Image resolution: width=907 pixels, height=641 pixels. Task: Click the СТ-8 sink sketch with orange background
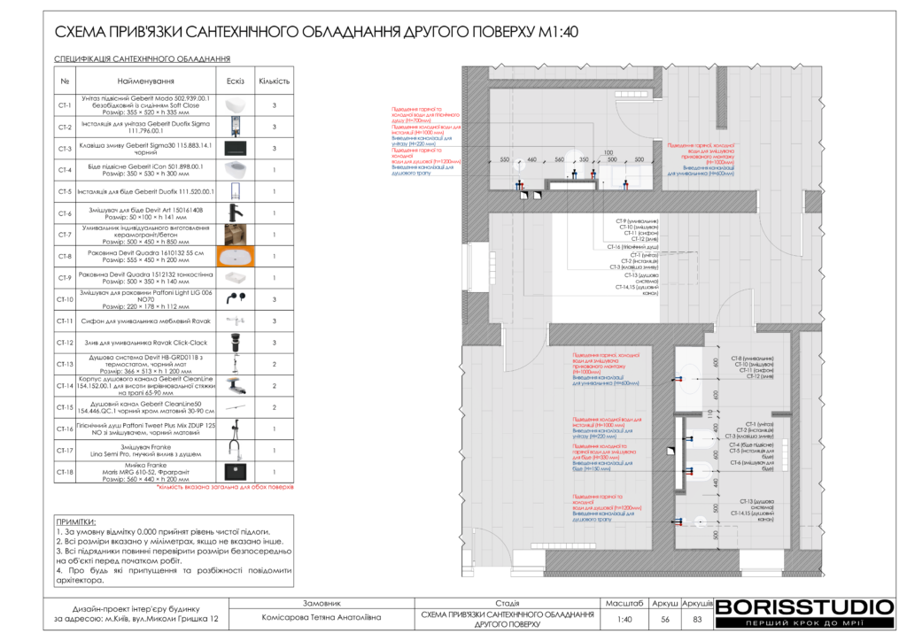235,257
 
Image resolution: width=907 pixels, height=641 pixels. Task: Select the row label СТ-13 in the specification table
64,364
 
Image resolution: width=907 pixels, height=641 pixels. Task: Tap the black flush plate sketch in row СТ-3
235,149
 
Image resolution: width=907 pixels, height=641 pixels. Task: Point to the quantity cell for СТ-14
274,386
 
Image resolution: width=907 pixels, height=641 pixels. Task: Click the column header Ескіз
235,81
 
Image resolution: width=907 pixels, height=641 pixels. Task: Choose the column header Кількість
274,81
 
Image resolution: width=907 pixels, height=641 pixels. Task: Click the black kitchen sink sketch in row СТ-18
235,471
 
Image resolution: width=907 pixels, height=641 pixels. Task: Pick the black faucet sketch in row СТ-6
235,213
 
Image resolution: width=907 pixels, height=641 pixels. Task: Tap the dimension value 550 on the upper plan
505,159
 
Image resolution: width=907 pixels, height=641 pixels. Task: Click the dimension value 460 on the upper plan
531,159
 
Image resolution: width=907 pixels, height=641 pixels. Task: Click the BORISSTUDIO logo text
804,607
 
